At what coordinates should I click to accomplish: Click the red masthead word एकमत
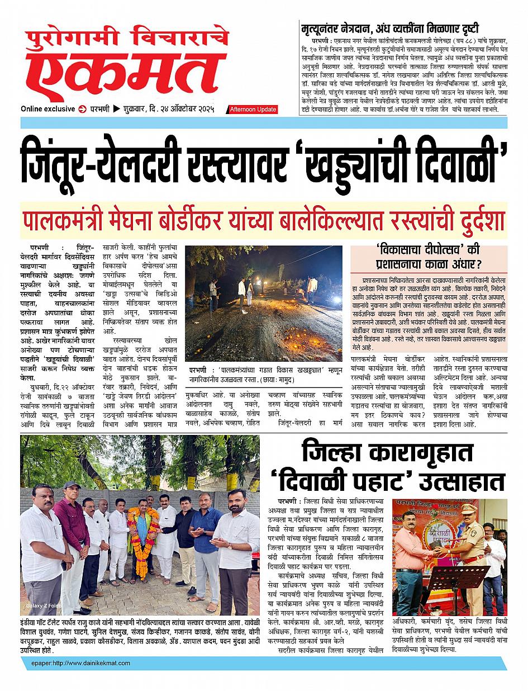(x=126, y=74)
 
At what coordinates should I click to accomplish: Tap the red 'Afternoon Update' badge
(x=253, y=110)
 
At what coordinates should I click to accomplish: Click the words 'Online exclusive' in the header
(x=47, y=108)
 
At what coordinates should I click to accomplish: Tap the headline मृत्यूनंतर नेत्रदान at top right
(x=341, y=28)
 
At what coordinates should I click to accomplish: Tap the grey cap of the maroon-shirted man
(x=72, y=485)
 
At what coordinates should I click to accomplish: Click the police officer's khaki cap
(x=468, y=508)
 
